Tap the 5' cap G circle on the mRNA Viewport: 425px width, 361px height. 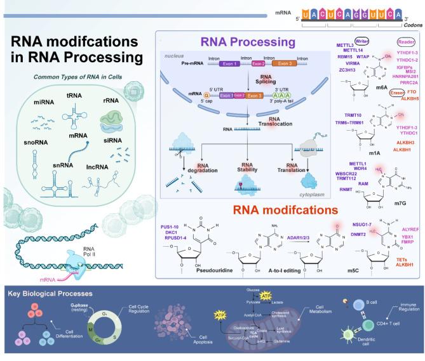[189, 95]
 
